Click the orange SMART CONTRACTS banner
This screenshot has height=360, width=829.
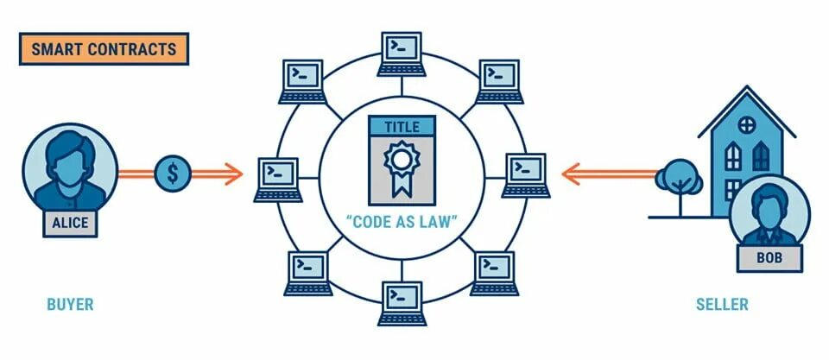pos(103,49)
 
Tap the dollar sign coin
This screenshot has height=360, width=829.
pos(173,174)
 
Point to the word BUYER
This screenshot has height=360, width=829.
pos(70,305)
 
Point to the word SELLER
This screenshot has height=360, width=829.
pos(722,305)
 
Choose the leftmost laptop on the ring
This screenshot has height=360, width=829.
pos(278,178)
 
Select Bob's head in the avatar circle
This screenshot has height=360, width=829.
pos(769,207)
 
